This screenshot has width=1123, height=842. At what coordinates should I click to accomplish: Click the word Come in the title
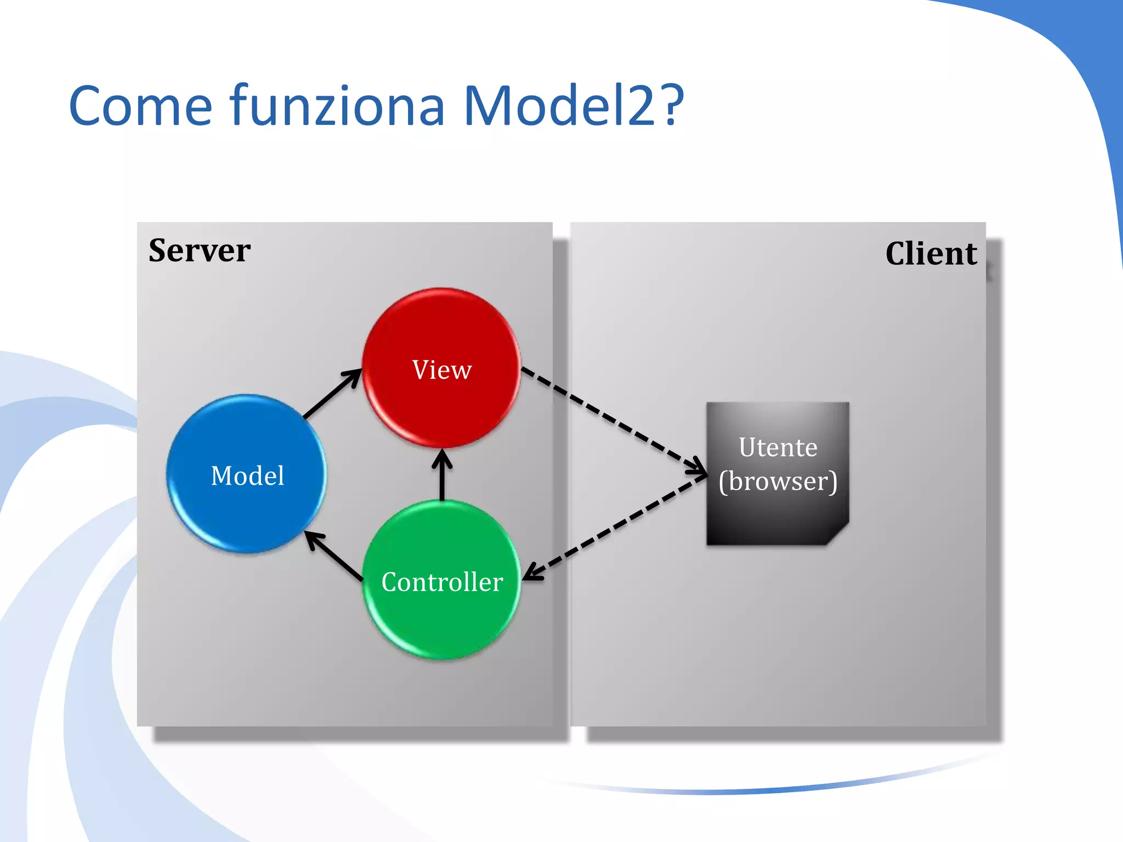pyautogui.click(x=140, y=105)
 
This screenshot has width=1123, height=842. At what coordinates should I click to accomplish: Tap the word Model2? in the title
pyautogui.click(x=574, y=105)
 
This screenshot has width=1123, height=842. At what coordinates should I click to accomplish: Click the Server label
pyautogui.click(x=200, y=251)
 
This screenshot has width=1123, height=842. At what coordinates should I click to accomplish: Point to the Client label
pyautogui.click(x=931, y=254)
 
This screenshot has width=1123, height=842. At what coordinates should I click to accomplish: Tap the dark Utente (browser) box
pyautogui.click(x=778, y=515)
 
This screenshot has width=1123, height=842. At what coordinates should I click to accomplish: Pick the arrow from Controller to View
pyautogui.click(x=442, y=475)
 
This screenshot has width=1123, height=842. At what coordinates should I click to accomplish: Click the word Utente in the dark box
pyautogui.click(x=778, y=447)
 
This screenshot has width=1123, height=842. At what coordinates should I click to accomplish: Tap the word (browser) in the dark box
pyautogui.click(x=778, y=481)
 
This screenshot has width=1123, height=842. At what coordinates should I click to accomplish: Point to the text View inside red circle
pyautogui.click(x=441, y=370)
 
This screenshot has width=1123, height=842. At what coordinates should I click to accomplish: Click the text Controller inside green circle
pyautogui.click(x=442, y=582)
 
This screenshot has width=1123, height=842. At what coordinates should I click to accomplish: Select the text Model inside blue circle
pyautogui.click(x=247, y=476)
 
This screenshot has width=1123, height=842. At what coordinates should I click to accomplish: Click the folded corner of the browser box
pyautogui.click(x=839, y=535)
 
